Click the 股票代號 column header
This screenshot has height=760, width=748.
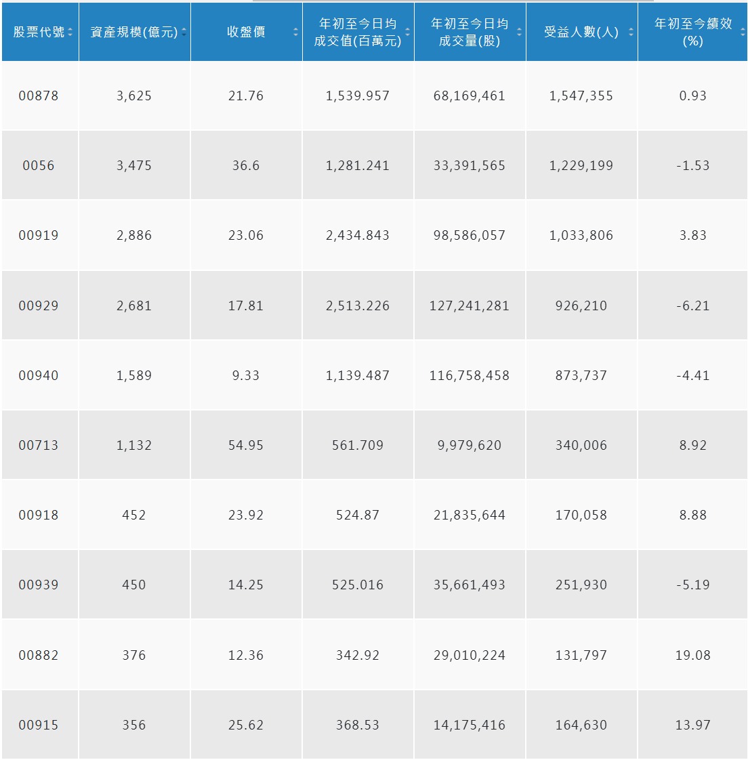click(x=39, y=33)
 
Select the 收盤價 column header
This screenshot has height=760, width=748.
click(x=245, y=33)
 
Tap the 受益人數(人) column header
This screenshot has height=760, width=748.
click(x=581, y=33)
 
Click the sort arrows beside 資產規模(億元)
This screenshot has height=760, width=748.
click(x=184, y=33)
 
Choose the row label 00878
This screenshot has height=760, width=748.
click(x=39, y=96)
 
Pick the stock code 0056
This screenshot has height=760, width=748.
click(x=39, y=166)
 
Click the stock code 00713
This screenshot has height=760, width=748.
click(x=39, y=446)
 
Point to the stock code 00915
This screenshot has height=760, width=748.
click(x=39, y=725)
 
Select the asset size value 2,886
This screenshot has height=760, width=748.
click(x=134, y=236)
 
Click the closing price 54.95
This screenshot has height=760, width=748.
click(x=245, y=446)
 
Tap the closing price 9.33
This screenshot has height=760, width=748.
click(x=245, y=376)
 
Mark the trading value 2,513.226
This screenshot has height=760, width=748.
click(x=358, y=306)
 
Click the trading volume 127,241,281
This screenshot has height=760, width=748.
click(x=469, y=306)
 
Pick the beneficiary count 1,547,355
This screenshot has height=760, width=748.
click(x=581, y=96)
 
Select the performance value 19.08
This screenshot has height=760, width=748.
click(x=692, y=656)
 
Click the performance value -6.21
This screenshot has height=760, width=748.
click(x=692, y=306)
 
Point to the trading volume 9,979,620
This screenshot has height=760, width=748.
click(x=469, y=446)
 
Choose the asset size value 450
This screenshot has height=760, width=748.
click(x=134, y=585)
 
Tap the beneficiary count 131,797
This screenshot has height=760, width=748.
click(x=581, y=656)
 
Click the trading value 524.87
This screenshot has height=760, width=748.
click(x=358, y=515)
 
